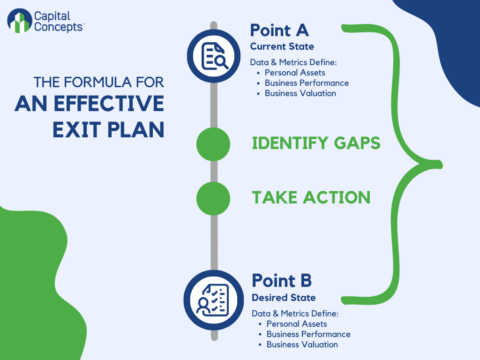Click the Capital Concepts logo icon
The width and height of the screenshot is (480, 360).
19,21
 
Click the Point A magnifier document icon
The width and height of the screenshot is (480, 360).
214,55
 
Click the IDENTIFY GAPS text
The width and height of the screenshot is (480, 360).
316,143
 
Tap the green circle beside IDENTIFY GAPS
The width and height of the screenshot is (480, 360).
214,143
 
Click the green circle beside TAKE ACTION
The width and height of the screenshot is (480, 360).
214,196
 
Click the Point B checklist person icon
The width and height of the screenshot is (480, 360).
214,297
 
